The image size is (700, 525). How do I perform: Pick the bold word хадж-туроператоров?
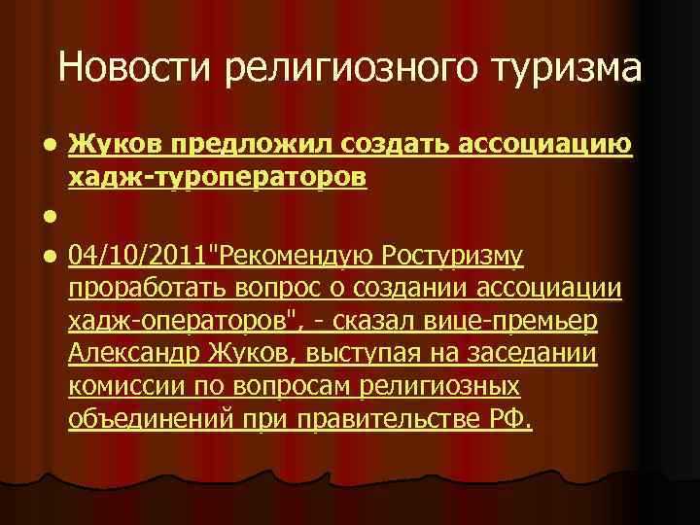click(217, 177)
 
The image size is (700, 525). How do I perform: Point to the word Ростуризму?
click(453, 256)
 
